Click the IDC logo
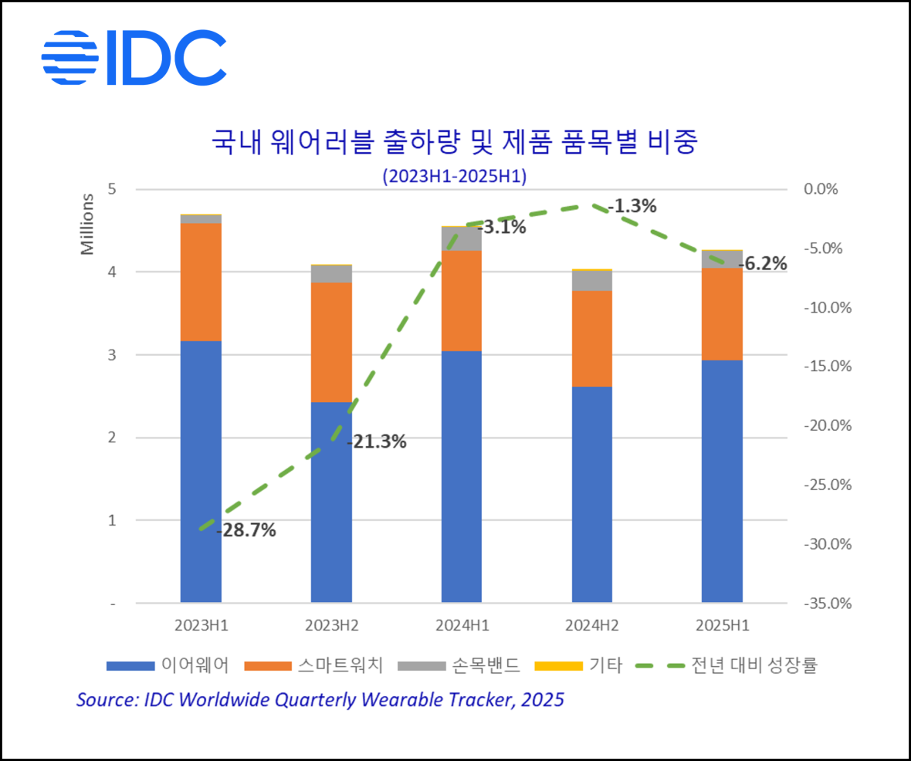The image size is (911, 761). [x=134, y=58]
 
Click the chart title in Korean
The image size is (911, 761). [x=455, y=144]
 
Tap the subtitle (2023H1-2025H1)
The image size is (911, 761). [x=454, y=176]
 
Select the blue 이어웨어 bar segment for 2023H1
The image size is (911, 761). [x=201, y=471]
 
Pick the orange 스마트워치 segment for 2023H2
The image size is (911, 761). [x=331, y=342]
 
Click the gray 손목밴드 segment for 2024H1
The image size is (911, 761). [x=462, y=238]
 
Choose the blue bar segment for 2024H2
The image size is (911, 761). [x=592, y=494]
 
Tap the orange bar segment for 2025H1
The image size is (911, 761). [x=722, y=314]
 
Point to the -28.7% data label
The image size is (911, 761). [x=246, y=531]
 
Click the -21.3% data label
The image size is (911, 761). [x=377, y=442]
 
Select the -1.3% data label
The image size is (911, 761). [x=632, y=206]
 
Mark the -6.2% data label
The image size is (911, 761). [x=763, y=264]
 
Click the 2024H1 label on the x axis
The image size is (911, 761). [x=462, y=625]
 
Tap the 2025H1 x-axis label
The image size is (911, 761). [x=723, y=625]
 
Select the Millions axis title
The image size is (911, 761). [x=87, y=224]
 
